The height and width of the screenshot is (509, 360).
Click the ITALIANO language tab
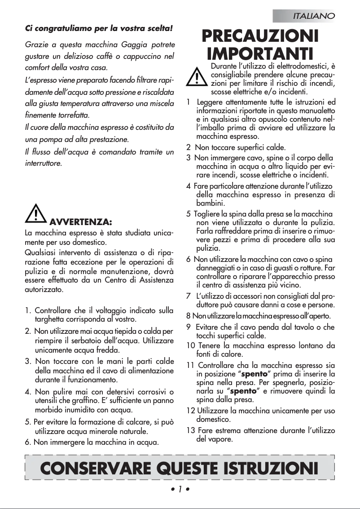click(313, 16)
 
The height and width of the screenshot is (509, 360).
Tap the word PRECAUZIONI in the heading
click(260, 36)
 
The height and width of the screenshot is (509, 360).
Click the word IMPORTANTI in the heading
click(260, 54)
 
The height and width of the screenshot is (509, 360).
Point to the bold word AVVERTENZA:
click(80, 222)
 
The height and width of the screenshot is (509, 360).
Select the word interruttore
click(44, 163)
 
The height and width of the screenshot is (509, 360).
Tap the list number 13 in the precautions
click(190, 431)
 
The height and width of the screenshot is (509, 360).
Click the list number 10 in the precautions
click(190, 345)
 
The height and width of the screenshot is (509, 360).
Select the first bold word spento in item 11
click(255, 374)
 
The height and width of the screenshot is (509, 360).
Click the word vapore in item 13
click(222, 439)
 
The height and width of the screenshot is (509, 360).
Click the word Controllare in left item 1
click(54, 310)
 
